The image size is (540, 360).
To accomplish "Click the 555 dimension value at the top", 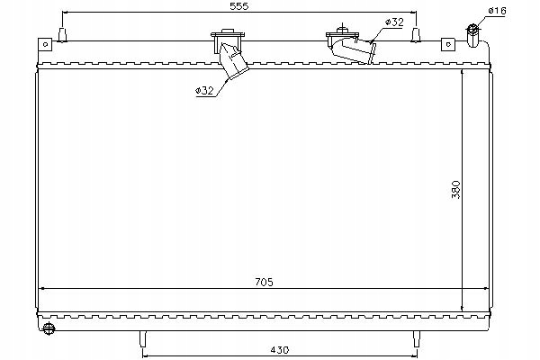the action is click(x=239, y=7).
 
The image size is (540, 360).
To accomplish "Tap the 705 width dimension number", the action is click(x=263, y=282).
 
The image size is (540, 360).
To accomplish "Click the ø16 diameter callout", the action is click(x=497, y=11).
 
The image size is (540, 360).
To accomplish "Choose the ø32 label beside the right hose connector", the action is click(x=393, y=21).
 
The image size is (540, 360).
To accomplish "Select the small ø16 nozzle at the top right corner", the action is click(x=472, y=32).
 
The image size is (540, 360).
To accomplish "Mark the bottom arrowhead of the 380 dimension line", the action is click(x=463, y=306).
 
